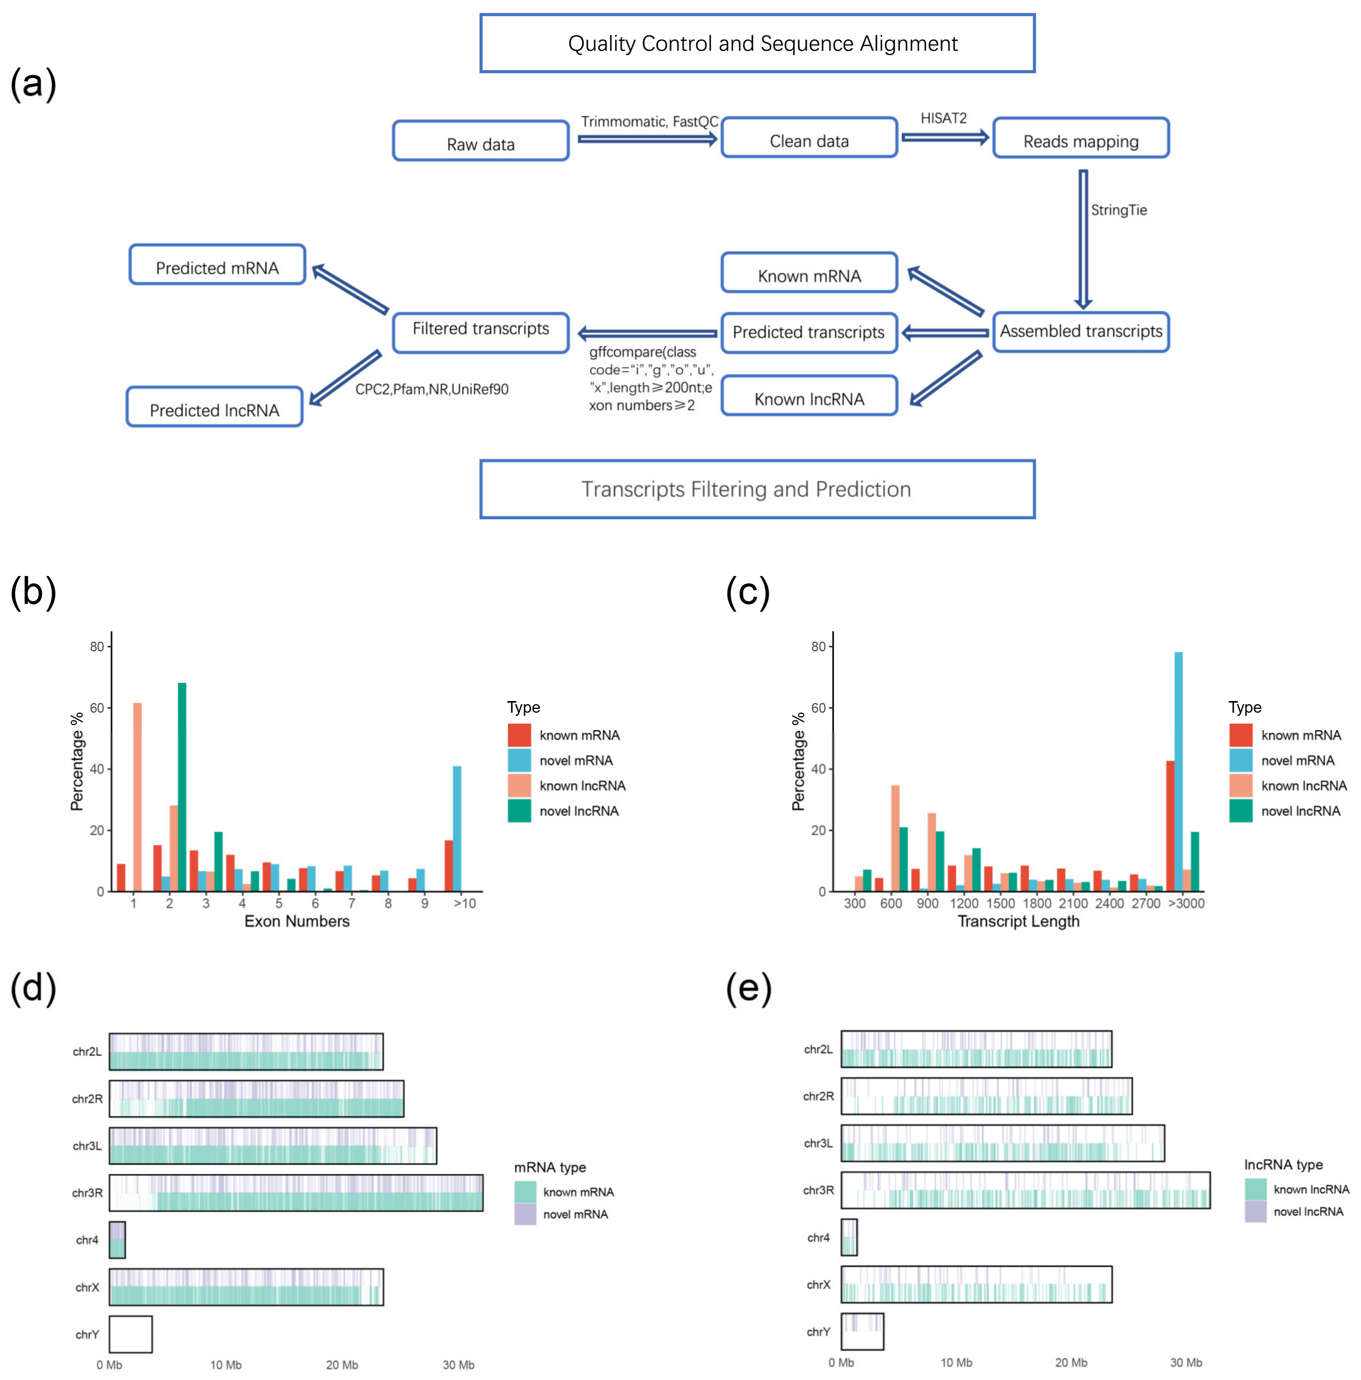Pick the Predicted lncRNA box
(x=214, y=407)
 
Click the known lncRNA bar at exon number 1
(x=137, y=797)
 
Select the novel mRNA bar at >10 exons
(x=457, y=828)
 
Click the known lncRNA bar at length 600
(x=895, y=838)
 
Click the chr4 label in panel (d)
(x=87, y=1240)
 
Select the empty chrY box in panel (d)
(x=131, y=1334)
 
